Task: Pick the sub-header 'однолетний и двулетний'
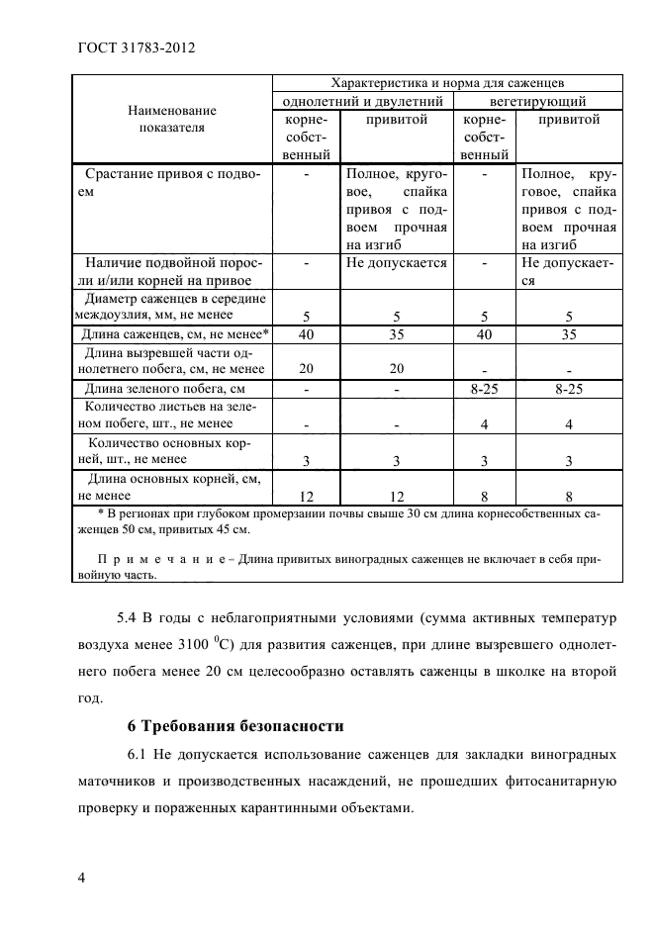(x=362, y=101)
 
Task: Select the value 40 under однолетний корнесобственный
(x=307, y=334)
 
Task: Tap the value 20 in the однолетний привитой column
(x=396, y=369)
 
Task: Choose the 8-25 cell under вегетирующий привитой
(x=568, y=389)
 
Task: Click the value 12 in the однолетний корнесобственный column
(x=307, y=496)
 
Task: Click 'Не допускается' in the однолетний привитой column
(x=396, y=263)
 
